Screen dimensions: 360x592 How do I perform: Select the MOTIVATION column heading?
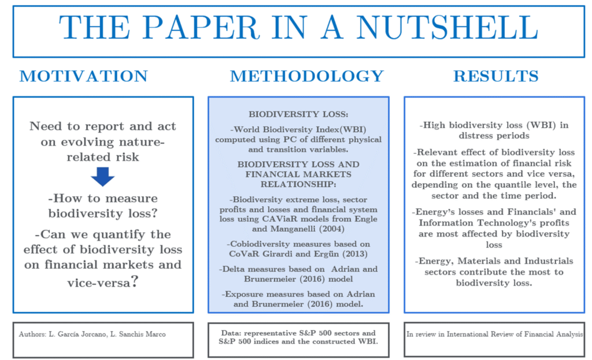[83, 76]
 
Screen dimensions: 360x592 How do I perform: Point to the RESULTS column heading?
[495, 76]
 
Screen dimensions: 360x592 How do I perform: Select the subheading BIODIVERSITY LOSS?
[299, 114]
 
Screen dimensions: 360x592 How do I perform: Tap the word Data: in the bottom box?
[233, 333]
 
